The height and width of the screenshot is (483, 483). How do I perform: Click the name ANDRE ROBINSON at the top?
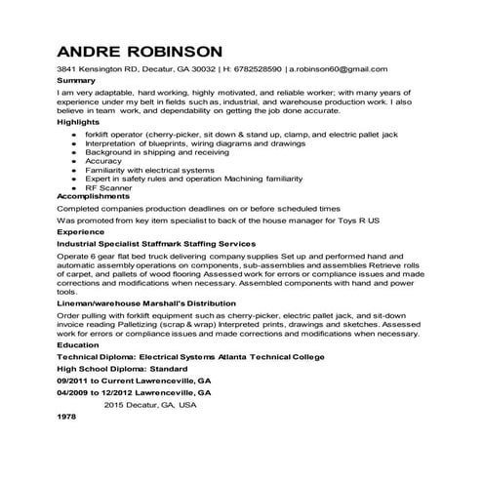139,50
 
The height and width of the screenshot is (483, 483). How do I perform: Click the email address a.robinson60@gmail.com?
338,69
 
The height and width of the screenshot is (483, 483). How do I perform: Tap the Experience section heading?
80,233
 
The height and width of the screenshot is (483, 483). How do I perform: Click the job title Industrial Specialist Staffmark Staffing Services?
156,243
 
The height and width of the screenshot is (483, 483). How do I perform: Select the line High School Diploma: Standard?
120,369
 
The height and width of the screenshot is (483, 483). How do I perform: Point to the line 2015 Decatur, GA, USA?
150,404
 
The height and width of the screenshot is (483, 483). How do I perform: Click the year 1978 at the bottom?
67,416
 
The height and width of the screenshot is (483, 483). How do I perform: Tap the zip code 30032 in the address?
203,69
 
